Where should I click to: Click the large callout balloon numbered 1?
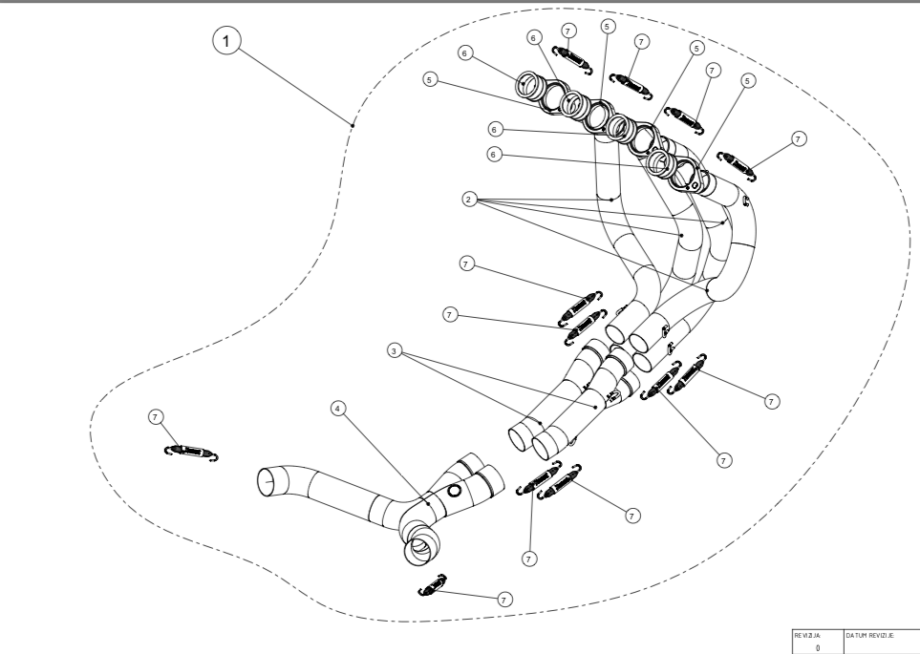[225, 42]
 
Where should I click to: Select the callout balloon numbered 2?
[468, 199]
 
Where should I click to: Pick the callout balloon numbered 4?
[336, 408]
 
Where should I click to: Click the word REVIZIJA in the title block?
[808, 633]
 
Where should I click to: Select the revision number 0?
[818, 646]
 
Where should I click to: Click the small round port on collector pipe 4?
[454, 491]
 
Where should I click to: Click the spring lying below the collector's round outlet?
[434, 584]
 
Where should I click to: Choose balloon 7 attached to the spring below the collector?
[505, 598]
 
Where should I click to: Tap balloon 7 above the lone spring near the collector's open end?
[158, 417]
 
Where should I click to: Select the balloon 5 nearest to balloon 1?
[431, 80]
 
